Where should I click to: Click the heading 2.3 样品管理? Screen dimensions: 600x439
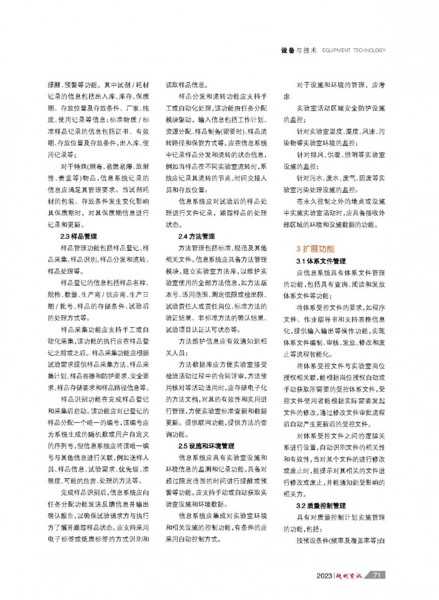click(x=78, y=237)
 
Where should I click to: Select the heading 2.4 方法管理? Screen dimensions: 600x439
click(x=196, y=237)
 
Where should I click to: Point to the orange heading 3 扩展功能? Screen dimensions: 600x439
click(x=313, y=248)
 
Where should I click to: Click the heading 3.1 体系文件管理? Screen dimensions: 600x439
click(x=320, y=260)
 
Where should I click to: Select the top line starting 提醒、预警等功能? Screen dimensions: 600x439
click(x=97, y=86)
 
